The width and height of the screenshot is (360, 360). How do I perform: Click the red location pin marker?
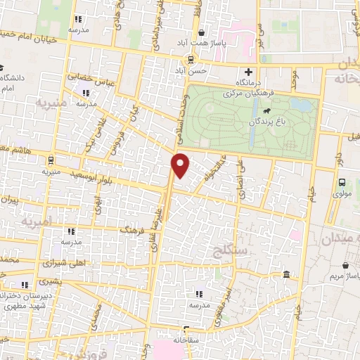[181, 165]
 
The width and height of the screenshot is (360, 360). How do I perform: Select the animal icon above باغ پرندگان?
[267, 111]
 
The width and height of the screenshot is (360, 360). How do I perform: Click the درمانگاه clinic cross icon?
[247, 72]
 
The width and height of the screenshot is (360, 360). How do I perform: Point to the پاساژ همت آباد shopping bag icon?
[202, 32]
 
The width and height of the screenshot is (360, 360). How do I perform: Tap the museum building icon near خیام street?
[285, 274]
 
